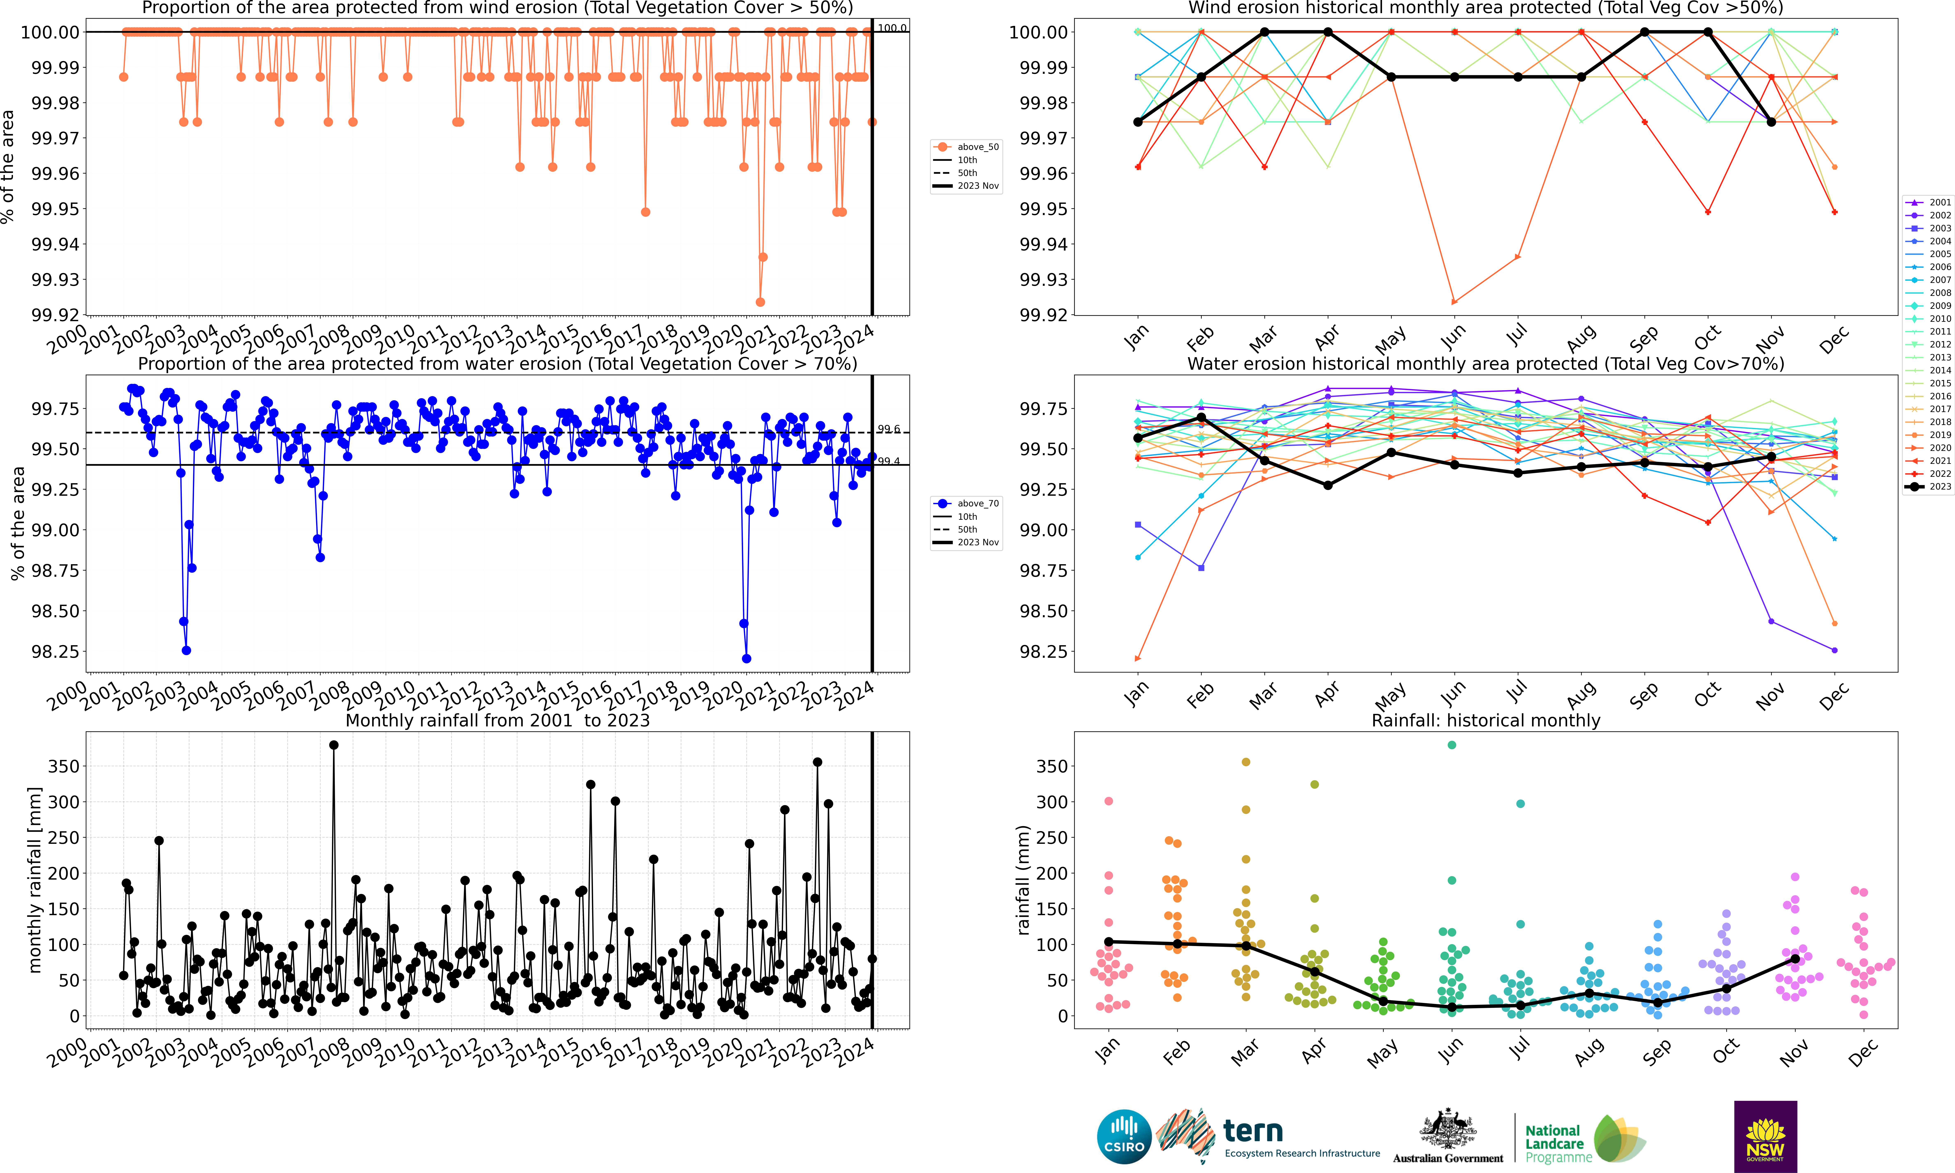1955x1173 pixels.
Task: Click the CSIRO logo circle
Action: (1123, 1137)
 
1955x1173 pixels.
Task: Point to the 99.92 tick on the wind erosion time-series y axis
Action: (55, 315)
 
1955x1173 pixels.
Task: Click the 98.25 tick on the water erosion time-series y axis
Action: (55, 651)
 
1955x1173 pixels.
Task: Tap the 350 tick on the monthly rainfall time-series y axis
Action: (63, 766)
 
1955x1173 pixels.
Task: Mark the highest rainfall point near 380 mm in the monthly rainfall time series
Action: (334, 745)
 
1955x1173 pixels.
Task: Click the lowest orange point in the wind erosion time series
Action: (761, 302)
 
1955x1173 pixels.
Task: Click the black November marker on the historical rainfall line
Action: (1795, 959)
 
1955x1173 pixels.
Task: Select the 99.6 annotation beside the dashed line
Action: (889, 429)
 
